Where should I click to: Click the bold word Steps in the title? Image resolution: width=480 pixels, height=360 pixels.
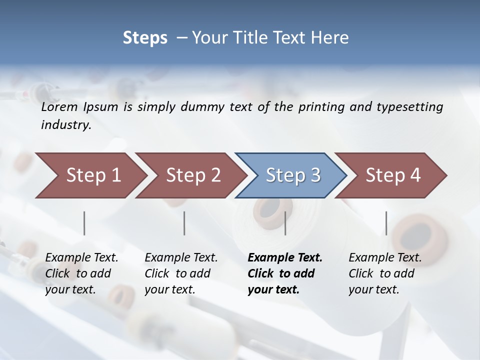coord(145,38)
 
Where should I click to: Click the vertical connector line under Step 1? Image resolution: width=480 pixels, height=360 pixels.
coord(84,223)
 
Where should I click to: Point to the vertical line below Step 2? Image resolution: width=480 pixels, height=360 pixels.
coord(184,223)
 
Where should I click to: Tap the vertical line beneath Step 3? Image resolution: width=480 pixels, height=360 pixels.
coord(285,223)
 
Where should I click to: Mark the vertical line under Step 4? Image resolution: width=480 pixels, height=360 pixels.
coord(386,223)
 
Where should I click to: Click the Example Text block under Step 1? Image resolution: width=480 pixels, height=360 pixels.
coord(81,273)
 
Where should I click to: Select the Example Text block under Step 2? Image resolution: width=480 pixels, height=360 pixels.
coord(181,273)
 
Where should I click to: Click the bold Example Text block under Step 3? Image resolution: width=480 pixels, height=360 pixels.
coord(285,273)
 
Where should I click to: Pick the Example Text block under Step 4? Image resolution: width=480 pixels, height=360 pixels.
coord(385,273)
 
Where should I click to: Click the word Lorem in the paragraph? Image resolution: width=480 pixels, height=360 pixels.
coord(59,107)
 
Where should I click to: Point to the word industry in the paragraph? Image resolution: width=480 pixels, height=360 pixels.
coord(66,125)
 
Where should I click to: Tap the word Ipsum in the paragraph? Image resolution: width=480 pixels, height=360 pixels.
coord(100,107)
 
